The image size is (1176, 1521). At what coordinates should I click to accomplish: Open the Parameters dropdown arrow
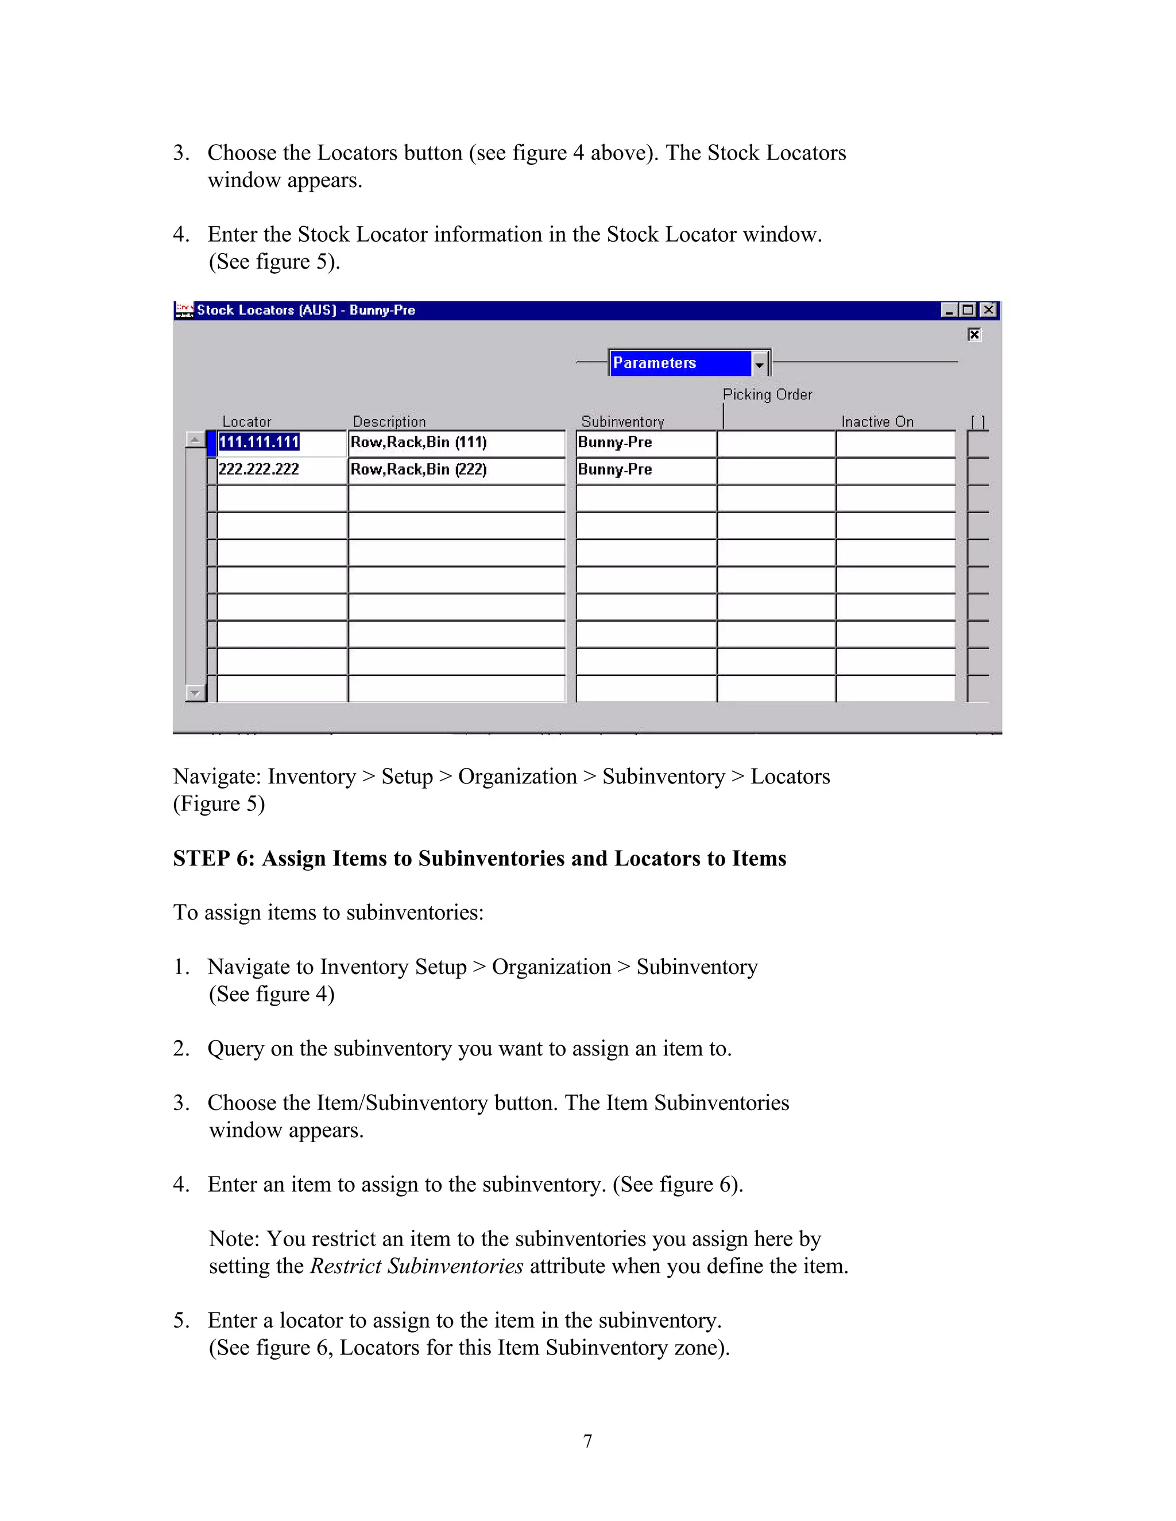[x=759, y=363]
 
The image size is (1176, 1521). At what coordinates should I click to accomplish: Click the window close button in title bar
[x=989, y=310]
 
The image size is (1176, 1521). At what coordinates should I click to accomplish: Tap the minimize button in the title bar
[x=949, y=310]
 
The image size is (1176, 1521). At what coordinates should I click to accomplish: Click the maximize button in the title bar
[x=968, y=310]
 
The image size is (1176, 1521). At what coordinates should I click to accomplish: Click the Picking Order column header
[x=767, y=395]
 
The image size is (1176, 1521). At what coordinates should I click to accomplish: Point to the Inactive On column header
[x=877, y=422]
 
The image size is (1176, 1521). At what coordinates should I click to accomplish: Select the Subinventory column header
[x=623, y=422]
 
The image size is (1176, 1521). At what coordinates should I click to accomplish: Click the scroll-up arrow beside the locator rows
[x=195, y=440]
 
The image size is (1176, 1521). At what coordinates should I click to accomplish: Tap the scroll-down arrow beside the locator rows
[x=195, y=693]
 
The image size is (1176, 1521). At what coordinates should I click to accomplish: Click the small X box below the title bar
[x=974, y=335]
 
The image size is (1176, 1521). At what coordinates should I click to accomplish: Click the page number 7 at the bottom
[x=588, y=1441]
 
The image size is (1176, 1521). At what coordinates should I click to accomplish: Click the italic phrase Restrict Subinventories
[x=417, y=1266]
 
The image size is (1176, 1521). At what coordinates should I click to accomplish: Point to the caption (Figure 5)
[x=219, y=804]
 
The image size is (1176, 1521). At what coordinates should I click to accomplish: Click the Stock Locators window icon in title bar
[x=185, y=310]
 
